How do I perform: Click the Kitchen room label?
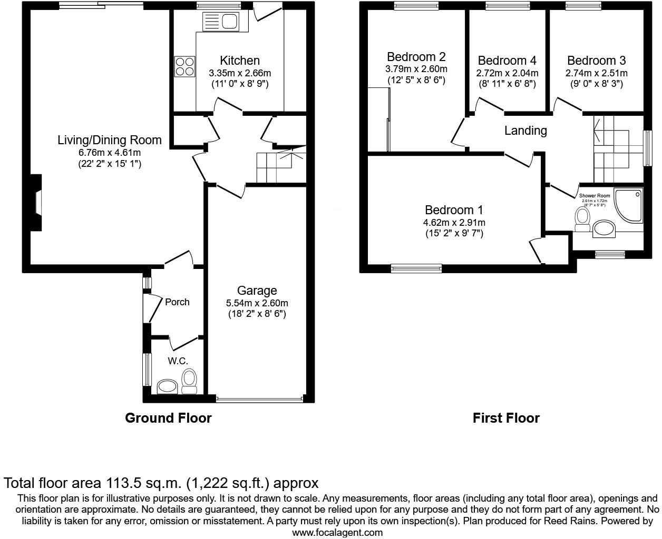point(240,61)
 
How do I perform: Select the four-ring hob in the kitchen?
point(184,66)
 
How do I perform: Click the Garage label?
point(257,291)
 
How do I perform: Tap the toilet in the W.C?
point(189,380)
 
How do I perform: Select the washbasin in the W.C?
point(168,387)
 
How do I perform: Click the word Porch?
point(177,302)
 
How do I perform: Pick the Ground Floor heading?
point(168,418)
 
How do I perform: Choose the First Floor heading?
point(506,418)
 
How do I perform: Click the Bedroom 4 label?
point(507,61)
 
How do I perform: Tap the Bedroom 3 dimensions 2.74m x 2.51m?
point(597,74)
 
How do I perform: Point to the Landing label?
point(525,131)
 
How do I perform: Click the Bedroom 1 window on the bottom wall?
point(416,268)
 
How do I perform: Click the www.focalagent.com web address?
point(337,532)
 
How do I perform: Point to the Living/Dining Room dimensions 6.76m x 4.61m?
point(110,153)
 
